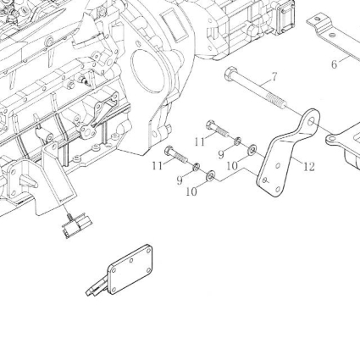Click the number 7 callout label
coord(274,77)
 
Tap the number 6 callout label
coord(334,64)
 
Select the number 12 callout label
coord(309,167)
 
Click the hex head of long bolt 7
coord(231,73)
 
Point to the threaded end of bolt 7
coord(277,100)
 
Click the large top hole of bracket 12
coord(312,121)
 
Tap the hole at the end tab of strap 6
coord(317,19)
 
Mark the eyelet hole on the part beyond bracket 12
coord(332,139)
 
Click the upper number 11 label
coord(200,141)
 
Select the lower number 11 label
coord(158,166)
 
